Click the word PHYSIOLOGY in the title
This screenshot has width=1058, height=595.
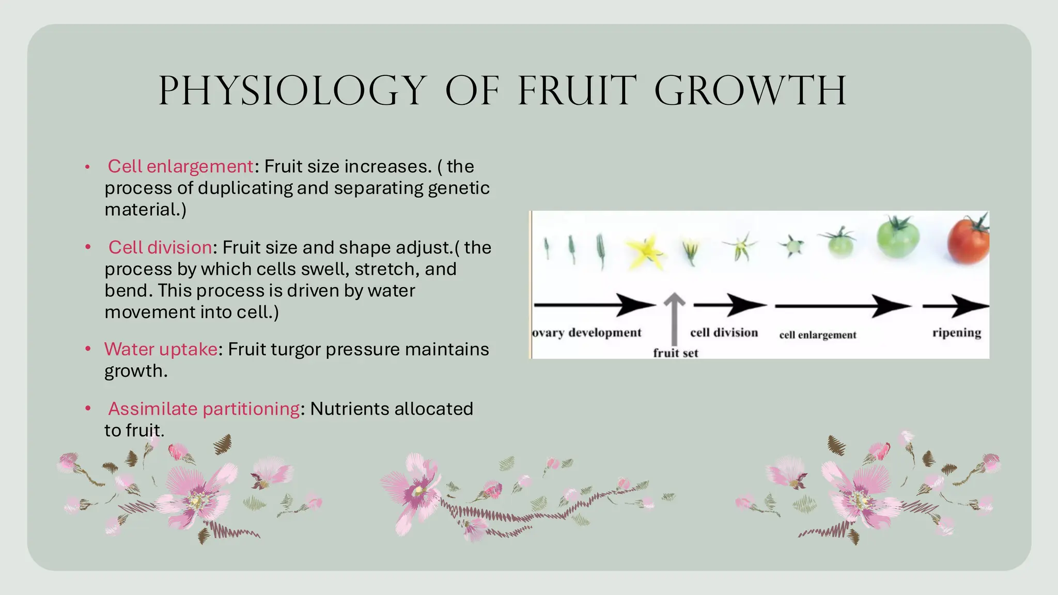coord(292,91)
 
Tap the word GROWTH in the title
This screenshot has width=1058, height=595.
coord(750,91)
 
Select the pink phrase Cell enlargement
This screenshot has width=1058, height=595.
coord(180,166)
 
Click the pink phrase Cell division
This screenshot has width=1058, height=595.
coord(160,247)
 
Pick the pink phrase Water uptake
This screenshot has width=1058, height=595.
coord(161,349)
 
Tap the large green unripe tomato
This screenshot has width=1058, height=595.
coord(898,237)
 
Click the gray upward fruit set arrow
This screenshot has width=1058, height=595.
coord(674,318)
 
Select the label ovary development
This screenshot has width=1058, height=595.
coord(587,333)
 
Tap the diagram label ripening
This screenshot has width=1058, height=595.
coord(957,333)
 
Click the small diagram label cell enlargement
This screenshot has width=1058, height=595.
coord(818,335)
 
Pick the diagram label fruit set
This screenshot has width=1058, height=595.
coord(675,353)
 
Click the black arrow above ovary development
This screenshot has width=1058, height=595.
coord(594,305)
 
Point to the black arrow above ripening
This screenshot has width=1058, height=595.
coord(956,306)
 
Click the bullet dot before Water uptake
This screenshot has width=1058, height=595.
coord(88,349)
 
